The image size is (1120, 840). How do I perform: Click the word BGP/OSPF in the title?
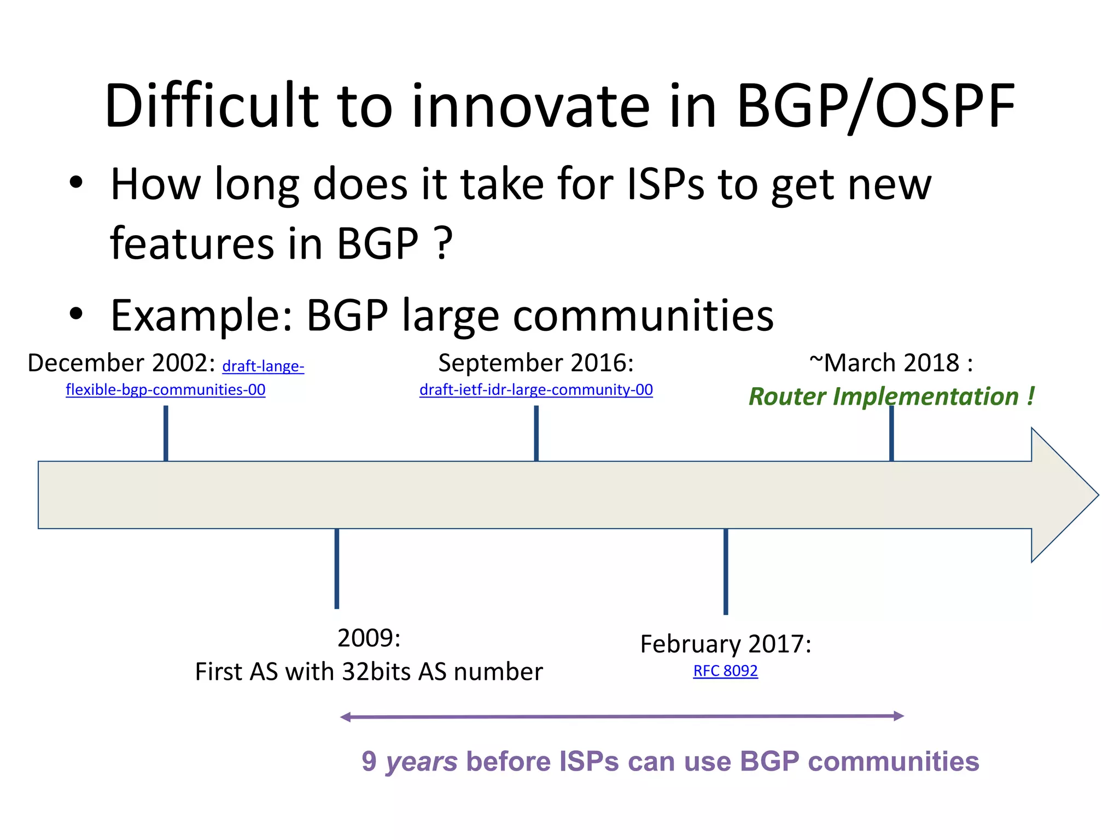click(875, 107)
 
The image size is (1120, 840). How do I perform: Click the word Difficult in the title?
click(211, 107)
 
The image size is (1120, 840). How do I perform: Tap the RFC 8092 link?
click(725, 671)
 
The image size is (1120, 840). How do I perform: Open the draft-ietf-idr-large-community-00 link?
click(536, 390)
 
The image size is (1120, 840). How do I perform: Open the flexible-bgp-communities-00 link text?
click(165, 390)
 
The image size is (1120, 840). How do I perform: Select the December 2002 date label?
click(121, 364)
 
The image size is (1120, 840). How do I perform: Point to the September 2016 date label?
click(536, 364)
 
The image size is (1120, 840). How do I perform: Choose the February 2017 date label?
click(725, 644)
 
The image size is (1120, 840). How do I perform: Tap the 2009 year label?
click(369, 638)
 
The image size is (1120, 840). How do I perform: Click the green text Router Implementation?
click(883, 397)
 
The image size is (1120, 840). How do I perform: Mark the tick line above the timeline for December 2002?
click(166, 433)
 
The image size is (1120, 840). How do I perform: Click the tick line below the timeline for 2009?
click(337, 569)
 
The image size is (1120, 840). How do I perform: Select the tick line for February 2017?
click(726, 571)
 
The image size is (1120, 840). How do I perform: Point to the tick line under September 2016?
click(536, 433)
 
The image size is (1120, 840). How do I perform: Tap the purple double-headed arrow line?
click(622, 716)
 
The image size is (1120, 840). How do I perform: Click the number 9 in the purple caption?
click(369, 762)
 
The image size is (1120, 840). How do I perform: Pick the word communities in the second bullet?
click(643, 316)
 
